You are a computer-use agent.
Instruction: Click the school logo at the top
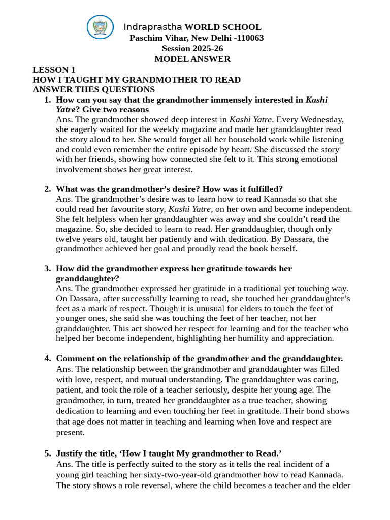[100, 27]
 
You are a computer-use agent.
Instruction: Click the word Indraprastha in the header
[153, 27]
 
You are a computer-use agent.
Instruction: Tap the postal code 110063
[247, 38]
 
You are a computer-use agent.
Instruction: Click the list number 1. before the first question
[48, 100]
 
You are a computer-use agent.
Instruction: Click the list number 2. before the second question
[48, 189]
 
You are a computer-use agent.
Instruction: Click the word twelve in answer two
[68, 239]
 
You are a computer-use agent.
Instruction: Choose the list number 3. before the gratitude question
[48, 268]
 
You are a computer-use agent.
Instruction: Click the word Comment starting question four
[74, 358]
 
